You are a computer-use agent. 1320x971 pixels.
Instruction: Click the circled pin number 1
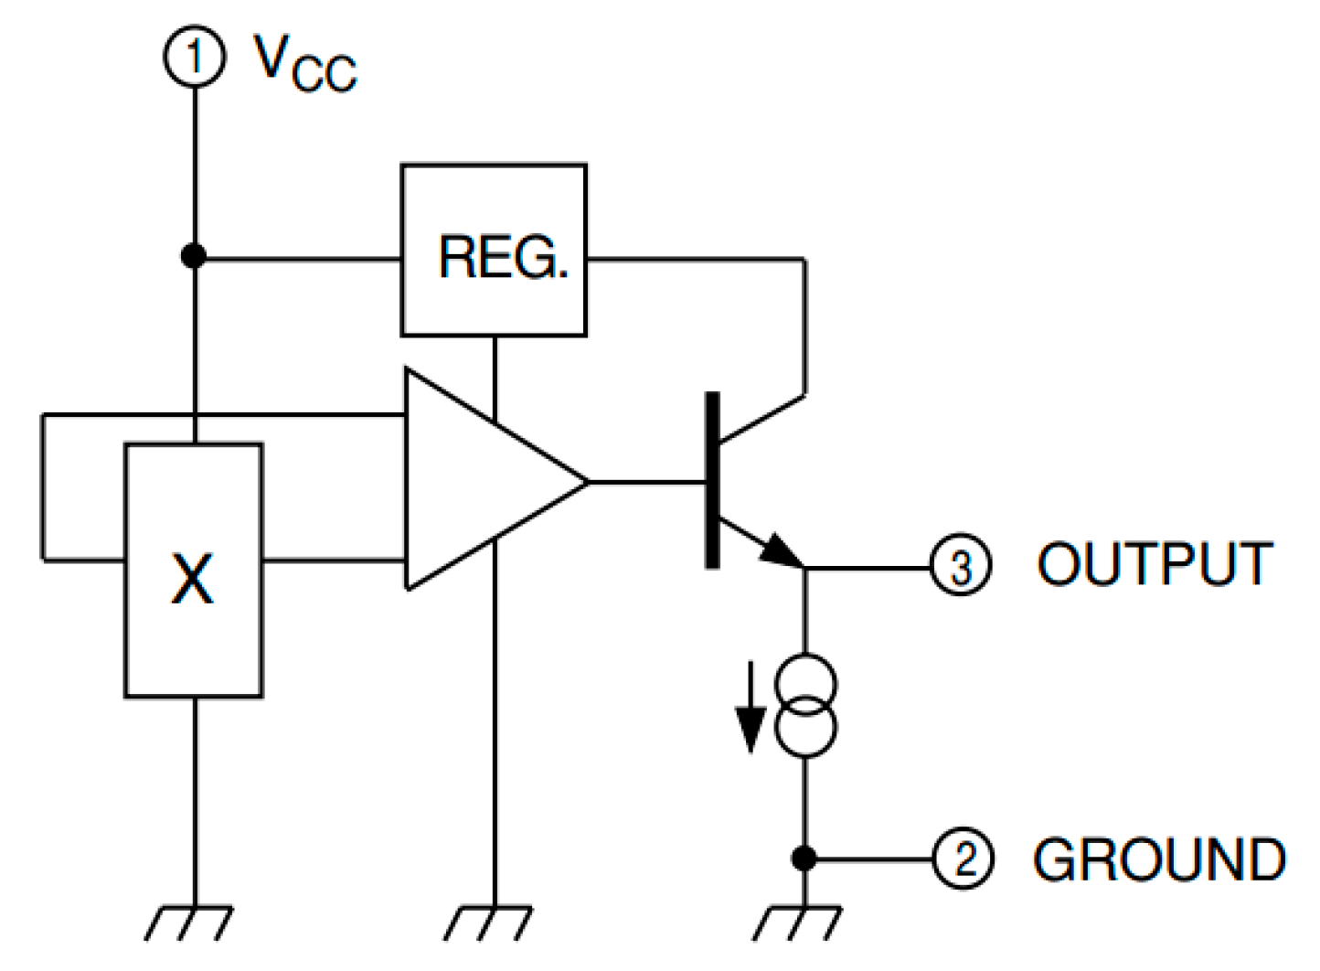[194, 57]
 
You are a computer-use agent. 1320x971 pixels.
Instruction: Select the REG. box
[494, 251]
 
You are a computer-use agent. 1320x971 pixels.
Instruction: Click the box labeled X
[194, 571]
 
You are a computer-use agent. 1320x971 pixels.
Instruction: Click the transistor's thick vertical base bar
[712, 480]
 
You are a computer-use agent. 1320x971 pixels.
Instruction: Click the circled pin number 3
[960, 566]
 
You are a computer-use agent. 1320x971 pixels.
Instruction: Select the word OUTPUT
[1155, 564]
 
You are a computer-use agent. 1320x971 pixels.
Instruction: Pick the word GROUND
[1159, 859]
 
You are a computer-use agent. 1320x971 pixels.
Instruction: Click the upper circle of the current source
[805, 683]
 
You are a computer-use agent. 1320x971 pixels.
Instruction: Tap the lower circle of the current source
[805, 729]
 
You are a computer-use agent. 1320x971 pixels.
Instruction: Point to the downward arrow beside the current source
[750, 713]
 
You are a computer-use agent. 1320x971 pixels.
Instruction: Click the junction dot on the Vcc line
[194, 257]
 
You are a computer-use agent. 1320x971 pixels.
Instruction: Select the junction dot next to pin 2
[804, 859]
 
